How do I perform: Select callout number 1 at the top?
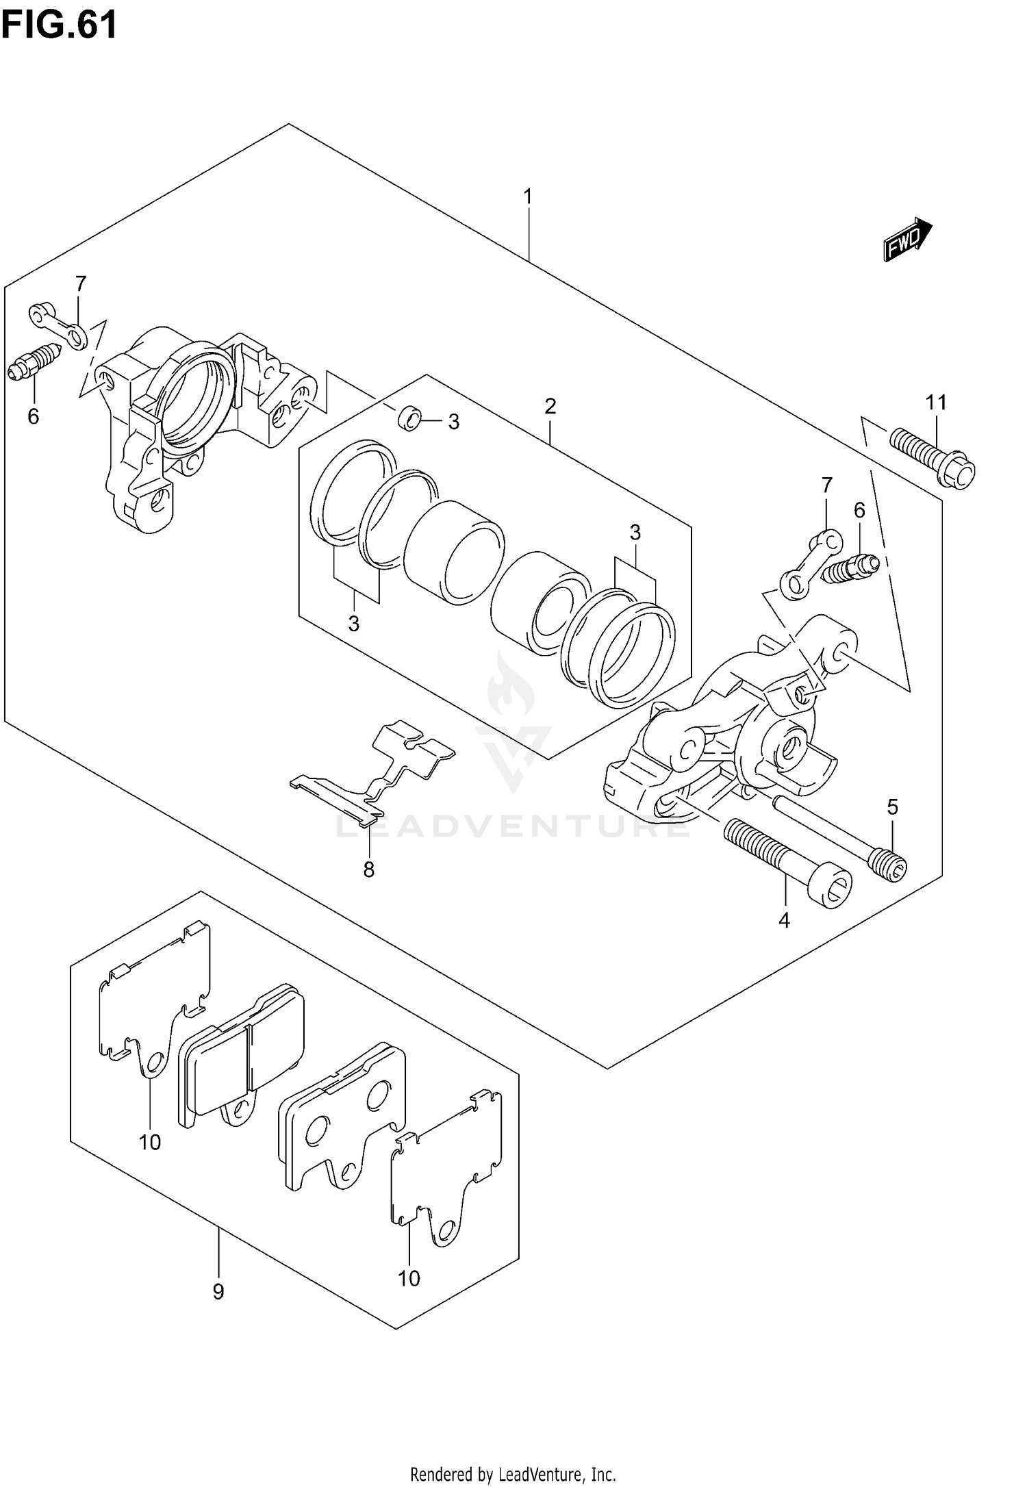click(x=528, y=197)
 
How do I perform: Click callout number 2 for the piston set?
click(x=550, y=407)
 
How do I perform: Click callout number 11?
click(x=936, y=403)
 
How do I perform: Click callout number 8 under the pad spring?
click(x=369, y=869)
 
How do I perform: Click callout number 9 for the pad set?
click(x=218, y=1292)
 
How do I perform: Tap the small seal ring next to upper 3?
click(x=410, y=418)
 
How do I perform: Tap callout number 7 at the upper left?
click(x=81, y=283)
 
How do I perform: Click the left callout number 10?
click(x=150, y=1142)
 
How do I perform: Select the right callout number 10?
click(x=409, y=1278)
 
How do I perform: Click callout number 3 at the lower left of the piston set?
click(x=353, y=624)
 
